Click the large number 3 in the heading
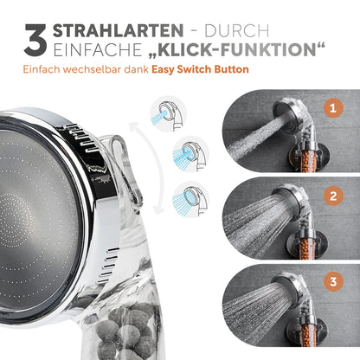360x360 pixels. [x=35, y=40]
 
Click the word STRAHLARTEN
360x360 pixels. [x=118, y=30]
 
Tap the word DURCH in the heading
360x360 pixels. [x=237, y=31]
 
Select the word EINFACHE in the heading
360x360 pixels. [x=98, y=50]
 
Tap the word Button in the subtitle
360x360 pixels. [x=231, y=69]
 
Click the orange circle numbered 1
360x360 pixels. [x=333, y=108]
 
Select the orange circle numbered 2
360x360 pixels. [x=333, y=196]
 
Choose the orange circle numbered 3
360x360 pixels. [x=333, y=281]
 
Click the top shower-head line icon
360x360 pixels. [x=169, y=114]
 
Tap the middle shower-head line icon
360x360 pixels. [x=190, y=154]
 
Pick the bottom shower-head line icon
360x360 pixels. [x=190, y=199]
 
